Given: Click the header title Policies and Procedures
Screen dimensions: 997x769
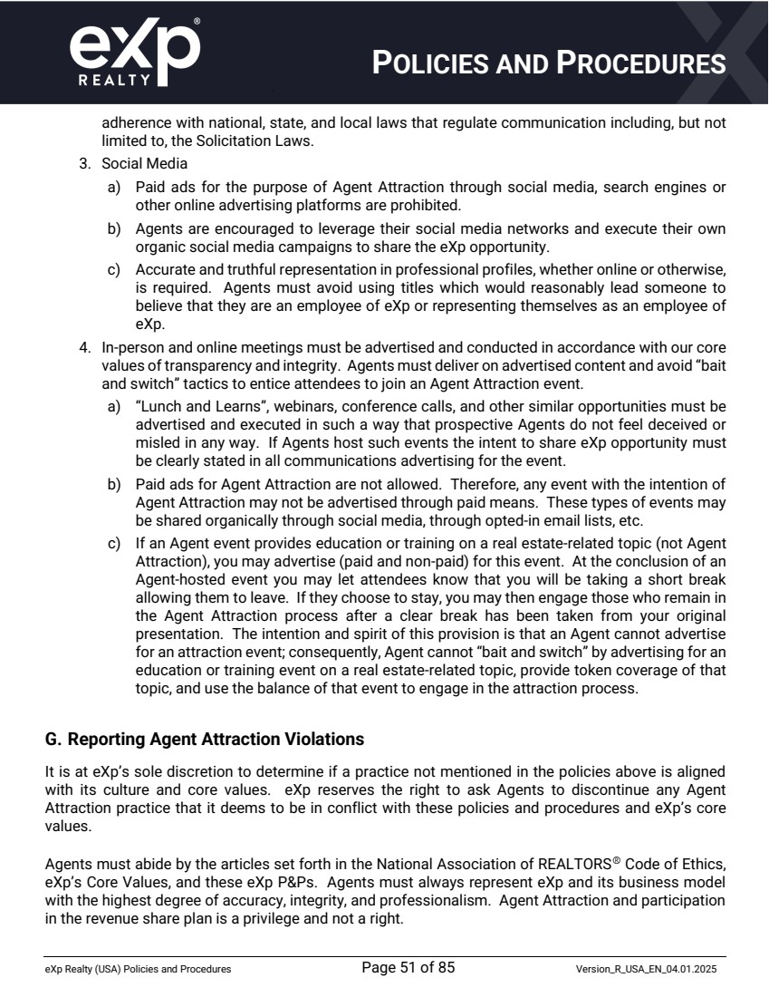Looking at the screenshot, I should (551, 63).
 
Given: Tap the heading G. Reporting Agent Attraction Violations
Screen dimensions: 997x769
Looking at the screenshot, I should (205, 740).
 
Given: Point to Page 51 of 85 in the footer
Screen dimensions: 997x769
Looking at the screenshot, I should (408, 967).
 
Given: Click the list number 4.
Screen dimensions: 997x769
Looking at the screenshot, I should (83, 348).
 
